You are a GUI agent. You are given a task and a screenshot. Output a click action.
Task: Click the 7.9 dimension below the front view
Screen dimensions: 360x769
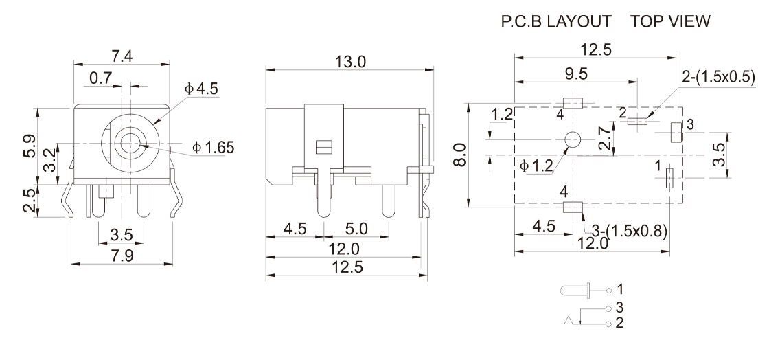point(122,256)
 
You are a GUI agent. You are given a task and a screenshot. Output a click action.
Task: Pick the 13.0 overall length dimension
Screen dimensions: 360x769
point(352,62)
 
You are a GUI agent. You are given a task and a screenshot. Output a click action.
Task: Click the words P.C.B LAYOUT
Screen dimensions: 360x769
point(557,23)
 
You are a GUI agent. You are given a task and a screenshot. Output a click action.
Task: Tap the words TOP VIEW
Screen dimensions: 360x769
point(671,23)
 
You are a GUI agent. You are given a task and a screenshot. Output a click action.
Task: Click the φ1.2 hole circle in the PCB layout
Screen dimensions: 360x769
point(571,140)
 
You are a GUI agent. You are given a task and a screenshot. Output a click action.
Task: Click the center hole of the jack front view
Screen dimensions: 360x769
point(128,144)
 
